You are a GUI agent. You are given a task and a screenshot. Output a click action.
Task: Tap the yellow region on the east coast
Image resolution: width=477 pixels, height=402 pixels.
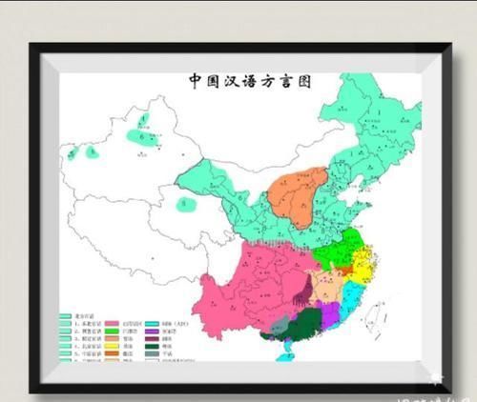363,262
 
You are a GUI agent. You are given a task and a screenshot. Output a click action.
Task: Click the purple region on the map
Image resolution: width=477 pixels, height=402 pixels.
329,309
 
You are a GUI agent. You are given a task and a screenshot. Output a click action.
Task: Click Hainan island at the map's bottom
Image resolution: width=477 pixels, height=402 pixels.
283,355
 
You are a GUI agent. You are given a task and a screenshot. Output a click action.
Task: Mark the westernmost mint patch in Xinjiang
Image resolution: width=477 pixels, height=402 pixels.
71,152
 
